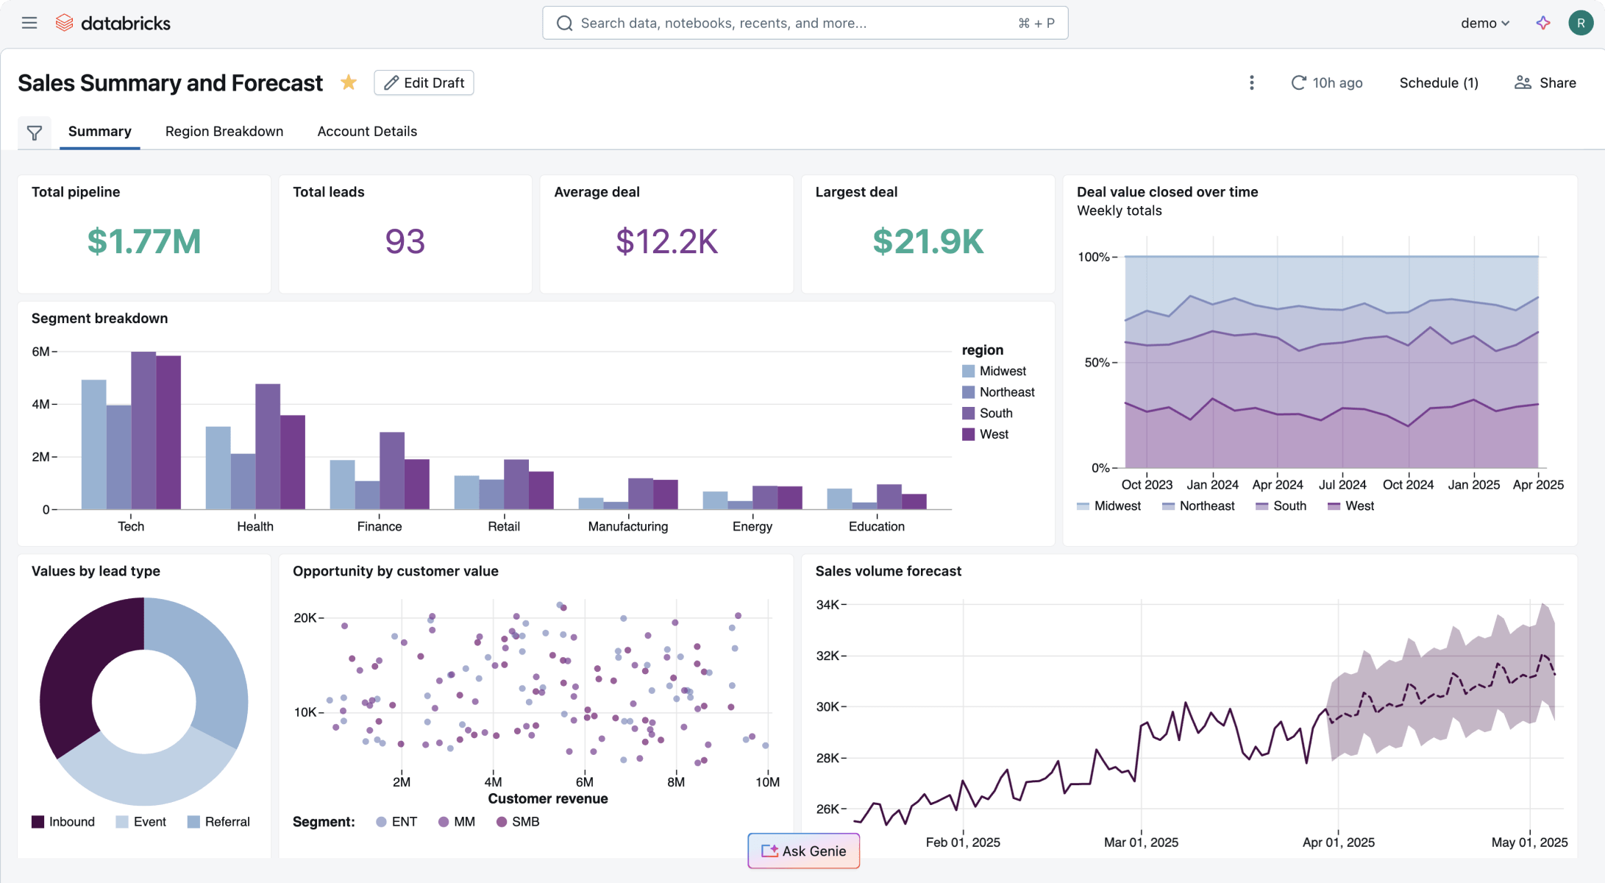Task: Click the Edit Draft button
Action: coord(424,82)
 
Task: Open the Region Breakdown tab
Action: coord(224,131)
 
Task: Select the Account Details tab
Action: coord(367,131)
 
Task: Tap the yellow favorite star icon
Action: coord(349,82)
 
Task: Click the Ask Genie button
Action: coord(803,851)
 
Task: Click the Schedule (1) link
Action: coord(1438,82)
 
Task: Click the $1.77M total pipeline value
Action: coord(144,241)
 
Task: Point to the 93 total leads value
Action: coord(405,241)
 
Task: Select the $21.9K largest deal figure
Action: coord(928,241)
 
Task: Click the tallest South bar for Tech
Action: coord(143,430)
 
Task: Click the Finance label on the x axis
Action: coord(380,526)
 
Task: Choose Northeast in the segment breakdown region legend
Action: coord(1006,392)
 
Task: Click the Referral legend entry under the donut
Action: coord(227,821)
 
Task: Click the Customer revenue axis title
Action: coord(548,798)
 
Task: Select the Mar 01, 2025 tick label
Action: coord(1141,842)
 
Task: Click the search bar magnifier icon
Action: coord(564,23)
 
